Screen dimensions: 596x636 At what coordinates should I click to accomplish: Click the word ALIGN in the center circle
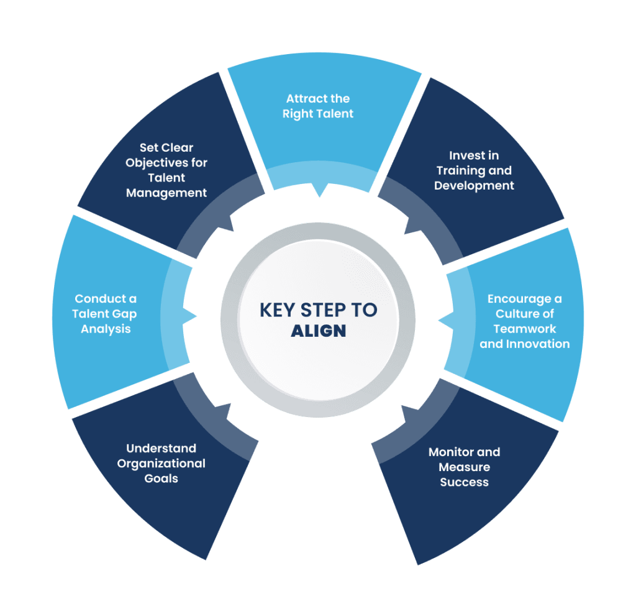click(318, 330)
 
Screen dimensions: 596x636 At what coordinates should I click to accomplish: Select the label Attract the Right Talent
click(318, 106)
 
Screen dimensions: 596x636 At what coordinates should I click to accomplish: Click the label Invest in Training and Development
click(474, 170)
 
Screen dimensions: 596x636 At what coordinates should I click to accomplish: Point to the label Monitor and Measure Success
click(464, 467)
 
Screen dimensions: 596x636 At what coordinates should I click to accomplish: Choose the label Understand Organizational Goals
click(161, 463)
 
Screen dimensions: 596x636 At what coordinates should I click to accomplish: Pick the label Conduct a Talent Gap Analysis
click(106, 313)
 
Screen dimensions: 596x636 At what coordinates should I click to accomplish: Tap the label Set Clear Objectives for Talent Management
click(166, 170)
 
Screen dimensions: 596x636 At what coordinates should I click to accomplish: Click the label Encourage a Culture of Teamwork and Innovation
click(524, 321)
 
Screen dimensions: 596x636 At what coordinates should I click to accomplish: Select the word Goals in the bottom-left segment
click(161, 479)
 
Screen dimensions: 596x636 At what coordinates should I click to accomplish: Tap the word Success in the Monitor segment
click(464, 482)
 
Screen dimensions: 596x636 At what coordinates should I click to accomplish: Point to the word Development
click(474, 186)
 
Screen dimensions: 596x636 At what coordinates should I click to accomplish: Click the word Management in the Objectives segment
click(166, 193)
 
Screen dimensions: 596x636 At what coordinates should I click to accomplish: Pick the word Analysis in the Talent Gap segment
click(106, 329)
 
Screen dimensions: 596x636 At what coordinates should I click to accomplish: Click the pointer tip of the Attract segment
click(319, 196)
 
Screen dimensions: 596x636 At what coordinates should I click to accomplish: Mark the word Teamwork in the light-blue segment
click(524, 329)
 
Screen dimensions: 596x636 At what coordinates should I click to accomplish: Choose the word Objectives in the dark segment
click(166, 163)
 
